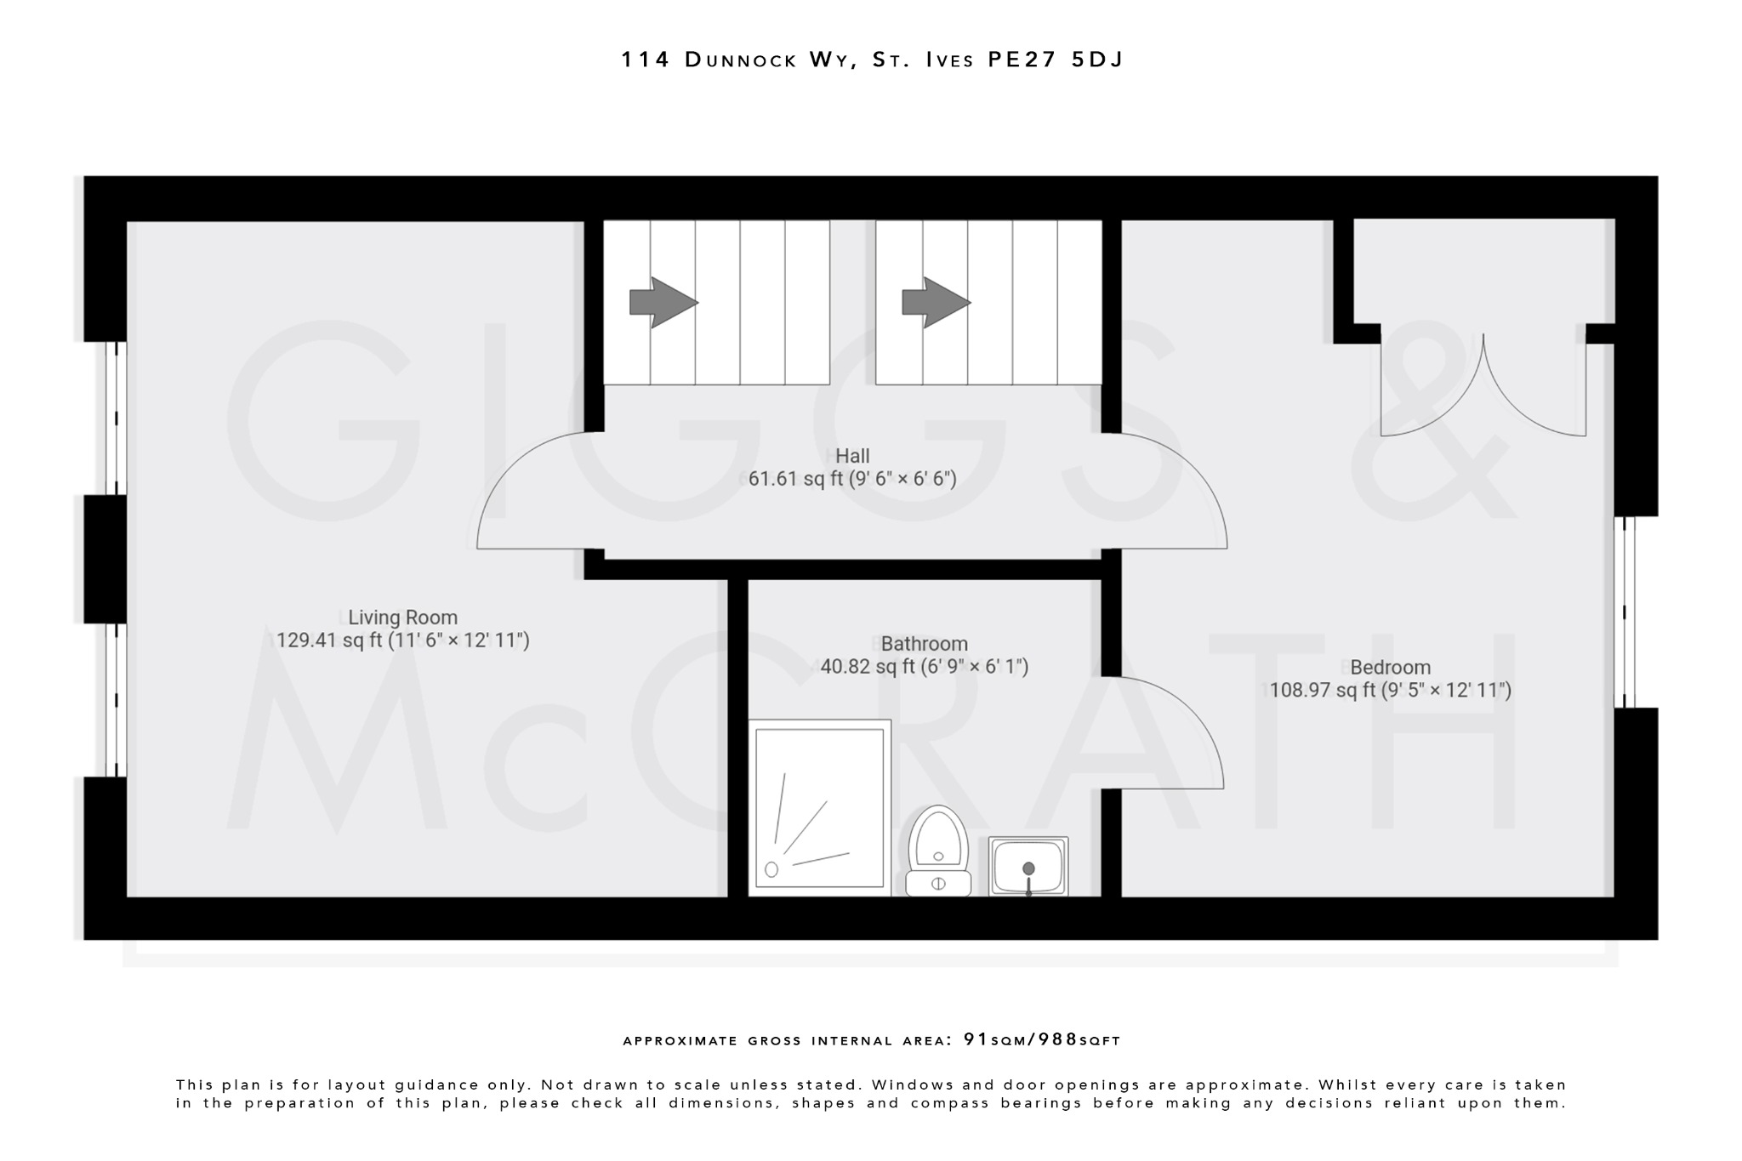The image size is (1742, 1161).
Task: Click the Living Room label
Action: [402, 617]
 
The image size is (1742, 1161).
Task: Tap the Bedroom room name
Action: [1390, 668]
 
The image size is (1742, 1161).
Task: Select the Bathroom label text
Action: [924, 644]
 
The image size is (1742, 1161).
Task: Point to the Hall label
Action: [852, 456]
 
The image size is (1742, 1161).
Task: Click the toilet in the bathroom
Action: [938, 851]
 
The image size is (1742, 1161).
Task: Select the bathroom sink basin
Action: [1028, 866]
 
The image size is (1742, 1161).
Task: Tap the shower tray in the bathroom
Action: [819, 808]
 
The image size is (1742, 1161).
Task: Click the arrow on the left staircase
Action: [663, 302]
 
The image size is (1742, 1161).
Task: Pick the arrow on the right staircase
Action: [936, 302]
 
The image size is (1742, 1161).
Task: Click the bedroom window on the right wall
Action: [1624, 612]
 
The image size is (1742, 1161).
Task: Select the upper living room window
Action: [116, 418]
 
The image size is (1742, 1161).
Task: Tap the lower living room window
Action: [116, 700]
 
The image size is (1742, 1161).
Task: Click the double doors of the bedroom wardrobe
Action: [1483, 387]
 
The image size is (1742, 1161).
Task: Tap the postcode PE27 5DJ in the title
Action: [1055, 60]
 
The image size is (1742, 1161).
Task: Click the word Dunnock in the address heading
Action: [741, 60]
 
